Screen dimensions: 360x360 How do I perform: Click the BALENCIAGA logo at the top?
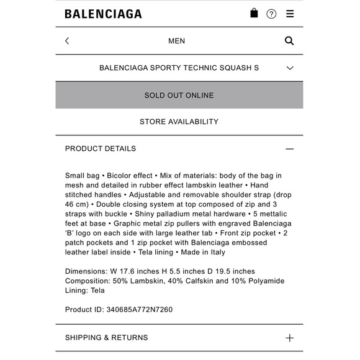click(x=103, y=14)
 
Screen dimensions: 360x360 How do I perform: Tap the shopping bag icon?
click(x=254, y=13)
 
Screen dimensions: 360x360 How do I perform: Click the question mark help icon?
click(x=271, y=14)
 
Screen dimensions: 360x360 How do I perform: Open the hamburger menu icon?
click(x=290, y=14)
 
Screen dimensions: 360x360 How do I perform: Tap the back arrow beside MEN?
click(x=67, y=41)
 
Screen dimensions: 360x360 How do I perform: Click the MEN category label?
click(x=176, y=41)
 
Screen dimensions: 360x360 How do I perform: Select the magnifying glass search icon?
click(x=289, y=41)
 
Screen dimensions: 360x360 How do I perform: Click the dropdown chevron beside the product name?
click(x=290, y=68)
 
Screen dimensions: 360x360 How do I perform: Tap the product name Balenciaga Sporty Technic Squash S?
click(x=179, y=68)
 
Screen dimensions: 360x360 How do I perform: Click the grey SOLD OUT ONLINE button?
click(x=179, y=95)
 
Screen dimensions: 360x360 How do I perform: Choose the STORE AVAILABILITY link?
click(x=179, y=122)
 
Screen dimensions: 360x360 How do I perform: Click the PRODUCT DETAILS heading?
click(x=101, y=149)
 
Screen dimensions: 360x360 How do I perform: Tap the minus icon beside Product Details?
click(x=289, y=149)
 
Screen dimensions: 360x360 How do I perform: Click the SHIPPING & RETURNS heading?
click(x=107, y=338)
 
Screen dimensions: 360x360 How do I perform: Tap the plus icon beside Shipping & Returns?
click(x=289, y=338)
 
